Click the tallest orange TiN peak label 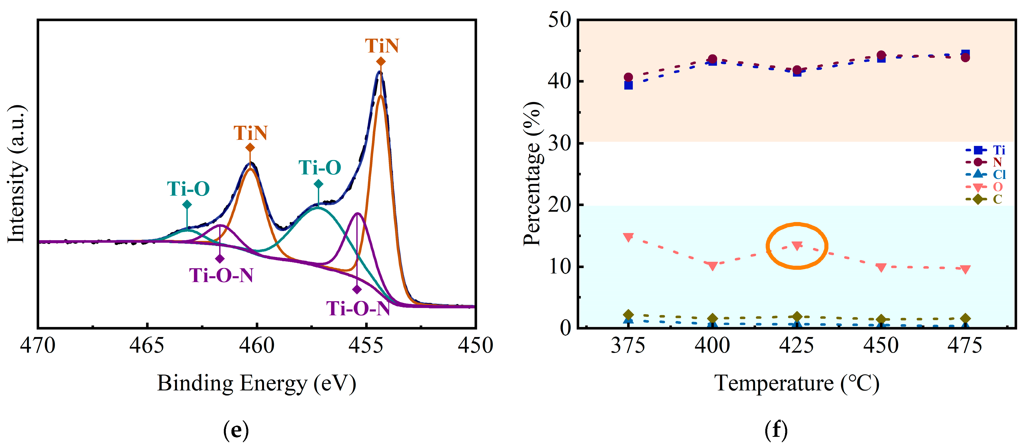coord(382,46)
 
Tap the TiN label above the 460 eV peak coord(250,133)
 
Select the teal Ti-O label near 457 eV coord(320,167)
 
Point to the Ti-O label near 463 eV coord(188,189)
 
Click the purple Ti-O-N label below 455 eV coord(358,308)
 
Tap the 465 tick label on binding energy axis coord(147,345)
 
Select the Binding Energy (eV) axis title coord(256,383)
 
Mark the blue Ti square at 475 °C coord(965,54)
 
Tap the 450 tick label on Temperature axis coord(881,345)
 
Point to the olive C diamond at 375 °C coord(628,315)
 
